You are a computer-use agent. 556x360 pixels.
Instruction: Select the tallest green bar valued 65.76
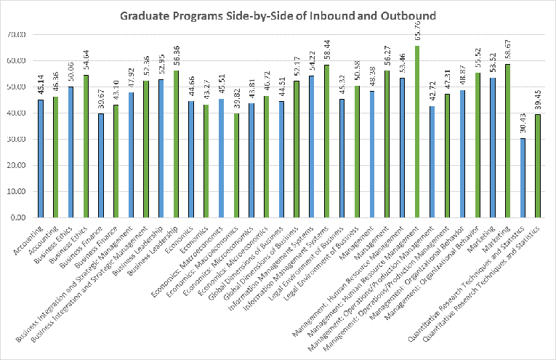416,132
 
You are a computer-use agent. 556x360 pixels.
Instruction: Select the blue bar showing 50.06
70,152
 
